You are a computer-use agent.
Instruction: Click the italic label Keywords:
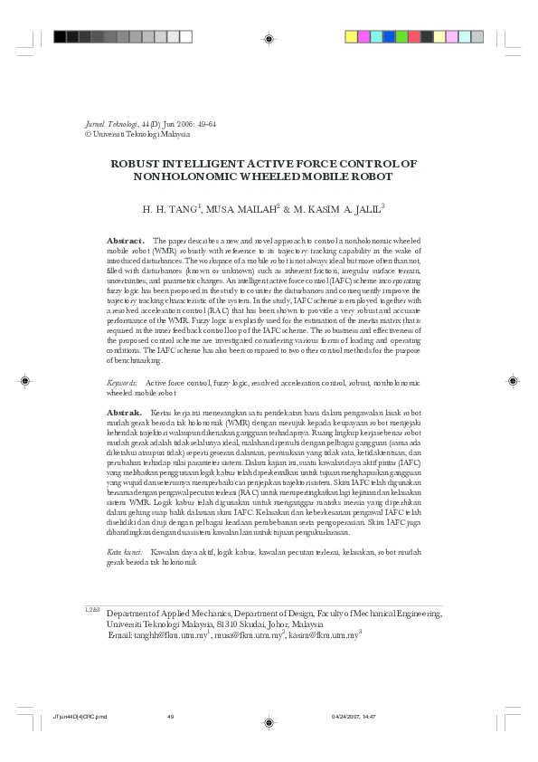click(x=122, y=384)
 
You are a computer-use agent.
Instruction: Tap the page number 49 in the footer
click(x=170, y=717)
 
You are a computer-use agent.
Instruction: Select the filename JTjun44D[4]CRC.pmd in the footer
click(x=80, y=717)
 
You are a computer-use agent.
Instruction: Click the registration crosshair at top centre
click(x=269, y=38)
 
